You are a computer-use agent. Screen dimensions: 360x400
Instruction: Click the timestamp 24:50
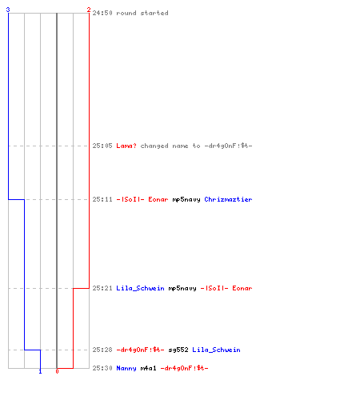(102, 13)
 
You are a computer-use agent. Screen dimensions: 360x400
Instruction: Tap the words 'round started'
(142, 13)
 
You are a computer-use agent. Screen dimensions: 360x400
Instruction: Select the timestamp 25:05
(102, 146)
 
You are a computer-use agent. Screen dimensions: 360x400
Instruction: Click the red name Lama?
(126, 146)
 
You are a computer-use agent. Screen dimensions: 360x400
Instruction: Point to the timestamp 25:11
(102, 199)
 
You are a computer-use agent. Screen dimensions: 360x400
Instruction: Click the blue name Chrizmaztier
(228, 199)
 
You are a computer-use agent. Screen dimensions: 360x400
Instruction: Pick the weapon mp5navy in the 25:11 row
(186, 199)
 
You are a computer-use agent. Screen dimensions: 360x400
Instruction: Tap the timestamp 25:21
(102, 288)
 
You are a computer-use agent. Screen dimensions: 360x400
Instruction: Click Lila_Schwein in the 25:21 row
(140, 288)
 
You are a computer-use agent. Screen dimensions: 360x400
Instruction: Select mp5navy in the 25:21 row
(182, 288)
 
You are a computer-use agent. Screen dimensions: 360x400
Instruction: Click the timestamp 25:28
(102, 350)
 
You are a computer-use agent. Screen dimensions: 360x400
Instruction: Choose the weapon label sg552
(178, 350)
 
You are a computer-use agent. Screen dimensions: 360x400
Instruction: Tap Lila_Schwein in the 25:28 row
(216, 350)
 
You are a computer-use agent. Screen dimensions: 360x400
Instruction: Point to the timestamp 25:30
(102, 368)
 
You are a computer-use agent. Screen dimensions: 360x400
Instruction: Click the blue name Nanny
(126, 368)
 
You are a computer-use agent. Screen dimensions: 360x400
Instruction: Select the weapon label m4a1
(148, 368)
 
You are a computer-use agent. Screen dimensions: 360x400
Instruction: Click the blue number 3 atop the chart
(8, 10)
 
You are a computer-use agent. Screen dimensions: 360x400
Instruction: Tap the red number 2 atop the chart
(89, 10)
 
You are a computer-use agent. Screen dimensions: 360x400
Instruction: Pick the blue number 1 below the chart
(40, 371)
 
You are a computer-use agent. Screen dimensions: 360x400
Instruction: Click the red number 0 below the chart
(57, 371)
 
